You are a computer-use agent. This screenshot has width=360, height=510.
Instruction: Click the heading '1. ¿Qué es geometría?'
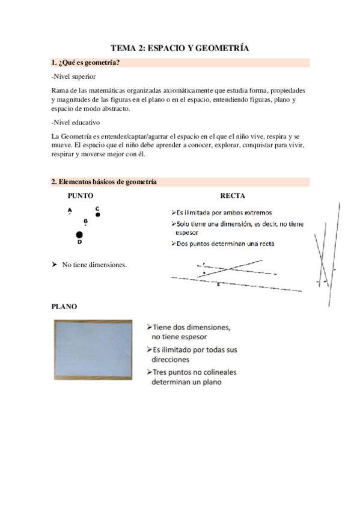[x=85, y=63]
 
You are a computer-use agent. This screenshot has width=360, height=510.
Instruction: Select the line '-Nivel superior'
[x=73, y=76]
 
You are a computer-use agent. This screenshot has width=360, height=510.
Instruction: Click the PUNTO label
[x=81, y=195]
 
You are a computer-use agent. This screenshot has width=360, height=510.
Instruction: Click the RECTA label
[x=232, y=195]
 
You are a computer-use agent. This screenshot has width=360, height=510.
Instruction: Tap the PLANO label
[x=64, y=306]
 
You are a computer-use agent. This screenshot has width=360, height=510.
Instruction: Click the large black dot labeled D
[x=79, y=235]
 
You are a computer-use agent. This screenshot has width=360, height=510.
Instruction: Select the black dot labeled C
[x=97, y=214]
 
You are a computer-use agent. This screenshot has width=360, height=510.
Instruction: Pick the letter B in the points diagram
[x=85, y=221]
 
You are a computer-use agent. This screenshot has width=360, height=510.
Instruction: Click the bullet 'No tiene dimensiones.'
[x=94, y=264]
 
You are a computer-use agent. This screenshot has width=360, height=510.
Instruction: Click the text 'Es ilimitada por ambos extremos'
[x=224, y=212]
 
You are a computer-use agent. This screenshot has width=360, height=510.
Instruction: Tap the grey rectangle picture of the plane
[x=93, y=349]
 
